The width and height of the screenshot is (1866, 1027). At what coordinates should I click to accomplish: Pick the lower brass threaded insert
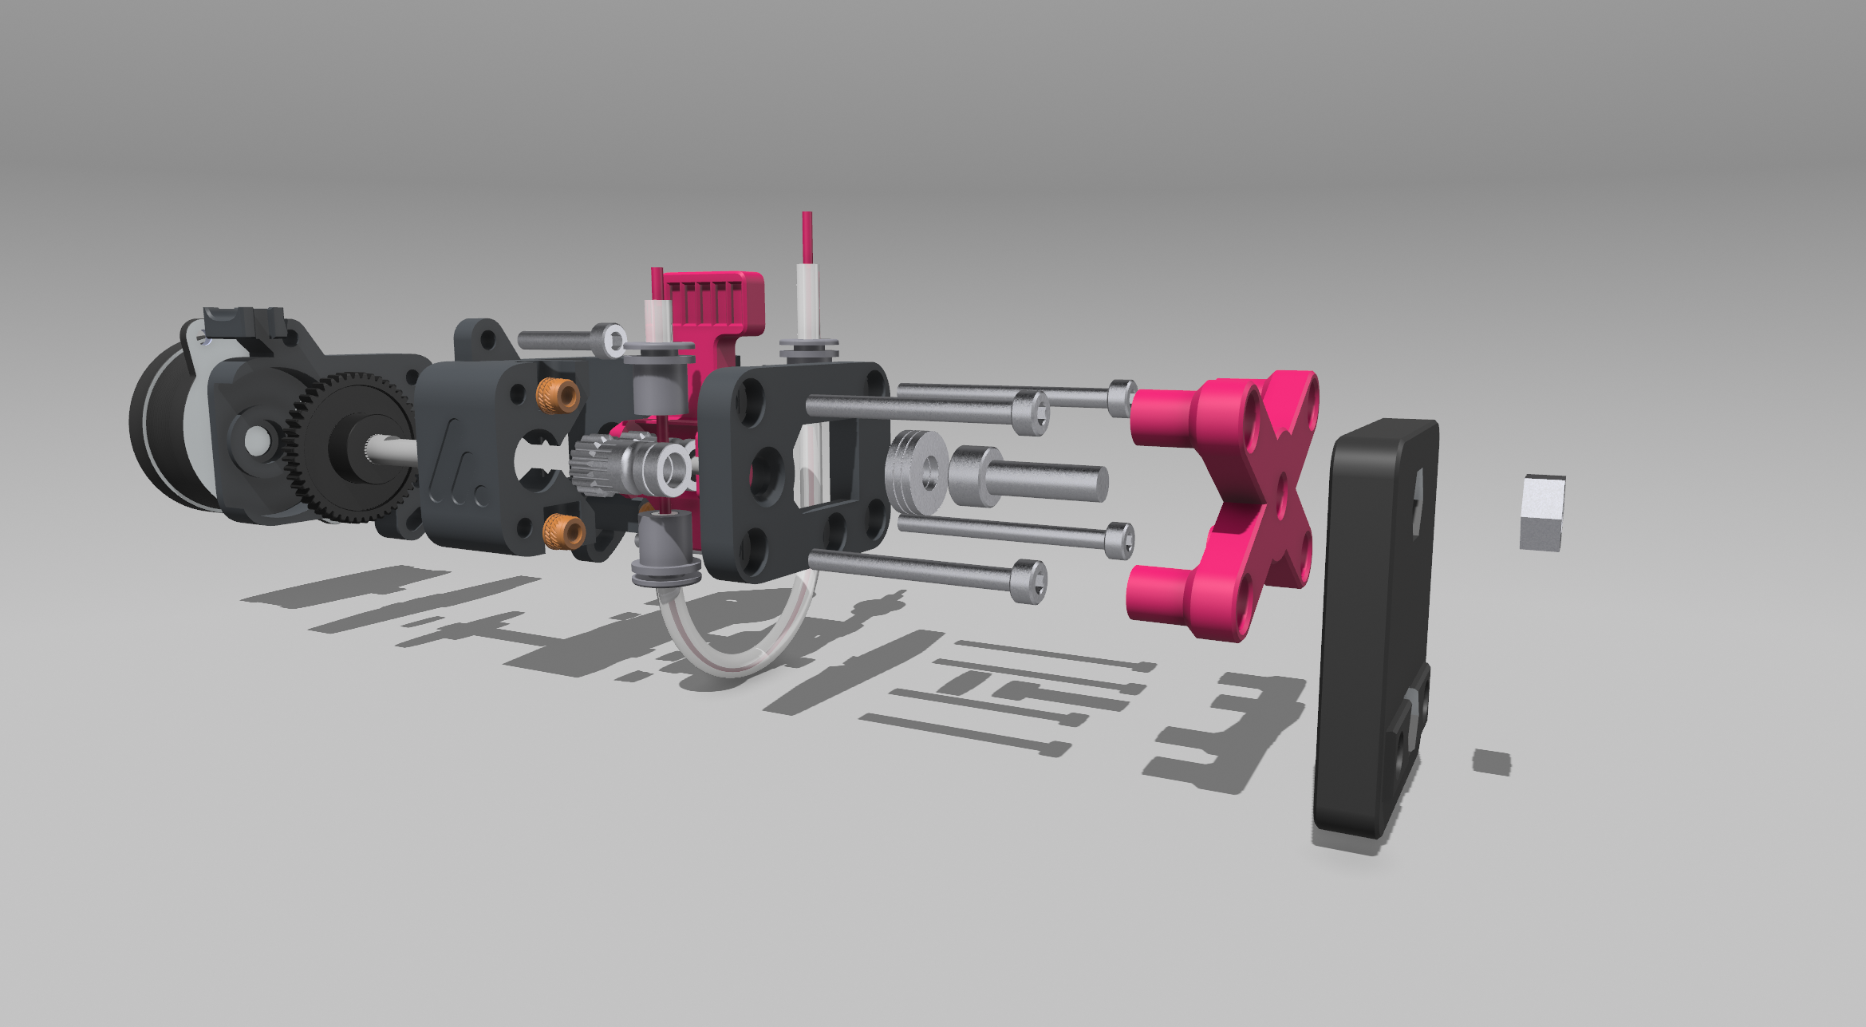pyautogui.click(x=563, y=531)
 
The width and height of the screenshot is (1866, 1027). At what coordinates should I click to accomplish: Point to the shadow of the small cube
pyautogui.click(x=1491, y=762)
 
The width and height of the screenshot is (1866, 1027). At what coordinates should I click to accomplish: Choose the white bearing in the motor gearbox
pyautogui.click(x=257, y=438)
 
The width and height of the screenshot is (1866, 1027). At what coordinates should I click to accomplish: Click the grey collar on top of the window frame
pyautogui.click(x=808, y=348)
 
